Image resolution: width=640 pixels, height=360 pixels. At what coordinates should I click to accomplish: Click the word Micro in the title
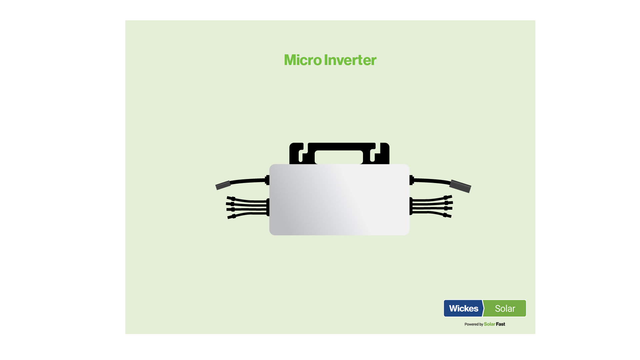(x=303, y=60)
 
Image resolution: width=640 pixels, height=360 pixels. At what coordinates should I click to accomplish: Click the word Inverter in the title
(x=350, y=60)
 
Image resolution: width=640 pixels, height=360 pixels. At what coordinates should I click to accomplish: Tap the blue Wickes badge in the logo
(x=463, y=308)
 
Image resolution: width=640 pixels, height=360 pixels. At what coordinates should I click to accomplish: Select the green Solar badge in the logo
(x=505, y=308)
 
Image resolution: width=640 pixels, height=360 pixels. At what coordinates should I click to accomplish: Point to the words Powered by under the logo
(x=474, y=324)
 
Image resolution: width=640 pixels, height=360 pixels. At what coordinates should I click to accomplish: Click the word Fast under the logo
(x=500, y=324)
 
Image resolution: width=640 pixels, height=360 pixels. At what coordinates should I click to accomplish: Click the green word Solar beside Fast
(x=489, y=324)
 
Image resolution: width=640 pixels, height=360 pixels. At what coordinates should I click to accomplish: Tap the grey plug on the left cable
(x=223, y=185)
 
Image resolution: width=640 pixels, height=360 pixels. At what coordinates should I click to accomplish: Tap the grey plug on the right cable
(x=460, y=186)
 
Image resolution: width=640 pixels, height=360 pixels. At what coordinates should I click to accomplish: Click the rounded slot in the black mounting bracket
(x=339, y=157)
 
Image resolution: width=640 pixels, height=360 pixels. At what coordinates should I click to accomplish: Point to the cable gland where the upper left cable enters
(x=267, y=180)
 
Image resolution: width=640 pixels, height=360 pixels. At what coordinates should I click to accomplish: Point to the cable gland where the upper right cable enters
(x=412, y=180)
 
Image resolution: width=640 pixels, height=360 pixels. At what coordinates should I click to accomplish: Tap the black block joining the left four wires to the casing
(x=268, y=207)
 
